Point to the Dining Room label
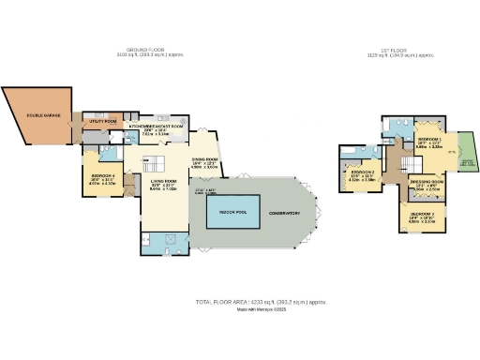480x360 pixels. point(205,160)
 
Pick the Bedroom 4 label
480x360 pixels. point(101,175)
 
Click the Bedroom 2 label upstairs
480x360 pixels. point(362,172)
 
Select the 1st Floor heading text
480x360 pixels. point(402,51)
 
